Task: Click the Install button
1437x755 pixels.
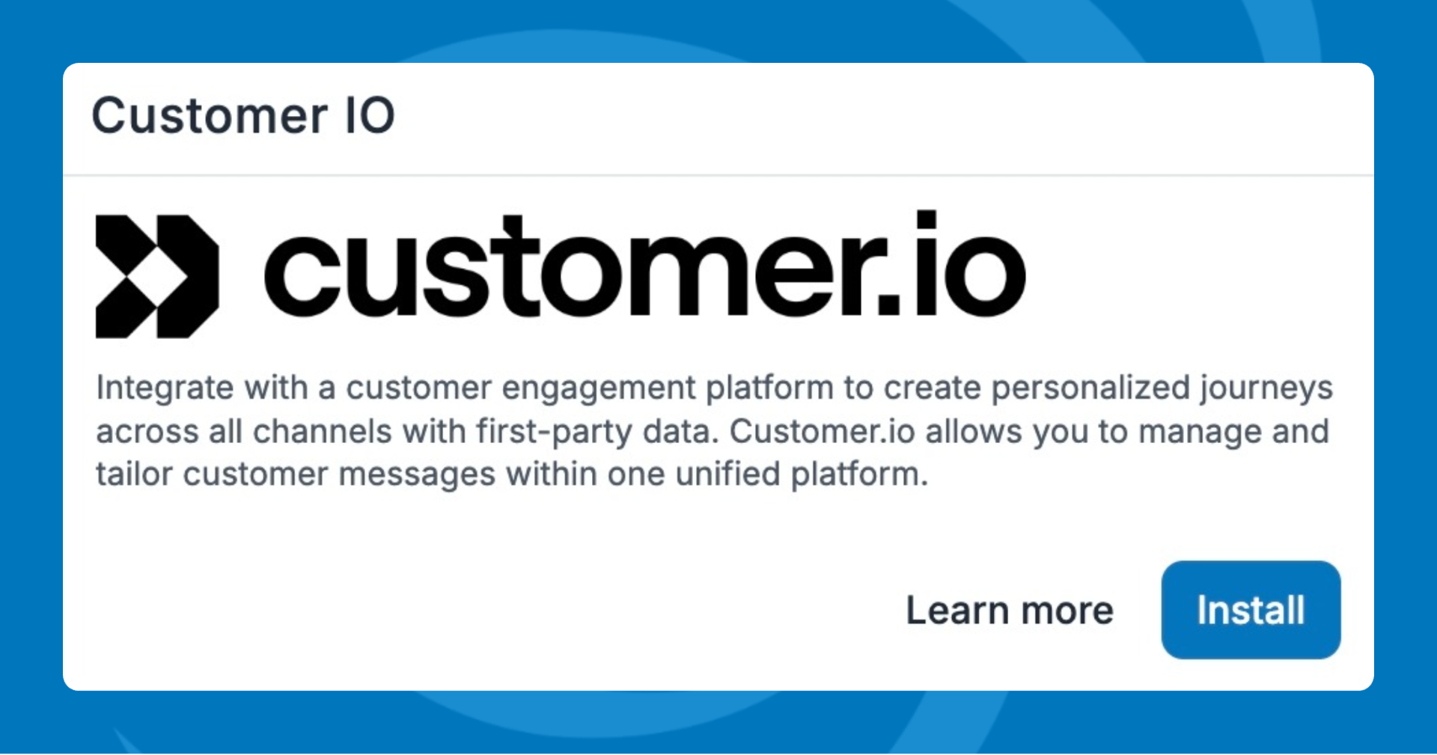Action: [1251, 610]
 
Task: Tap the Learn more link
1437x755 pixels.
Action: [1010, 611]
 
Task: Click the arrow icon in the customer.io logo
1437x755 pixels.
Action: [157, 276]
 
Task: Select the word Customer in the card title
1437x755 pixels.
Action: [210, 116]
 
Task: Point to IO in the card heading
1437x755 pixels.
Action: [370, 116]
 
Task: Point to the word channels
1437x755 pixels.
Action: [322, 432]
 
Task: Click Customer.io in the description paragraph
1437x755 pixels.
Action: [822, 432]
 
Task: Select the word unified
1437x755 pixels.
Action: [728, 474]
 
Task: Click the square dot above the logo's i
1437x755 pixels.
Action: [927, 218]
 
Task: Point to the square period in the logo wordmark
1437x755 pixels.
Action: [888, 304]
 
